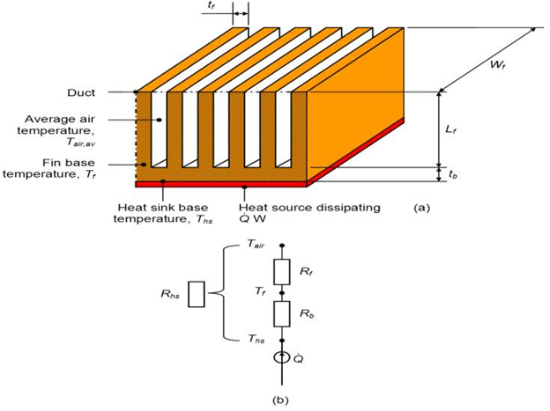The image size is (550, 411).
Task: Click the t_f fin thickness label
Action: point(235,6)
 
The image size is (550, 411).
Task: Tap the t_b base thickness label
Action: point(452,174)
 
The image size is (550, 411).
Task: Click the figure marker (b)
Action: point(281,399)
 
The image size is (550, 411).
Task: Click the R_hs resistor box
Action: point(197,295)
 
